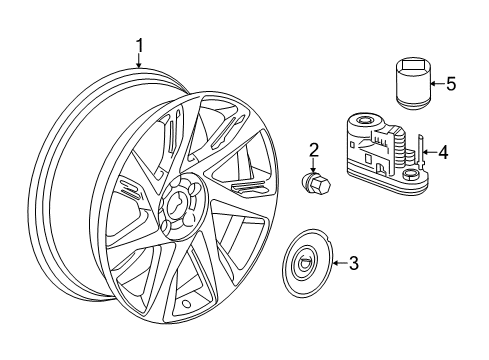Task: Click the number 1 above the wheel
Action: [140, 45]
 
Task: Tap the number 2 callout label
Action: [314, 151]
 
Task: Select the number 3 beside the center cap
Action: [352, 264]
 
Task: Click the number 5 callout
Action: [450, 84]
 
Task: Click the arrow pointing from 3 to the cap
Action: [335, 264]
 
